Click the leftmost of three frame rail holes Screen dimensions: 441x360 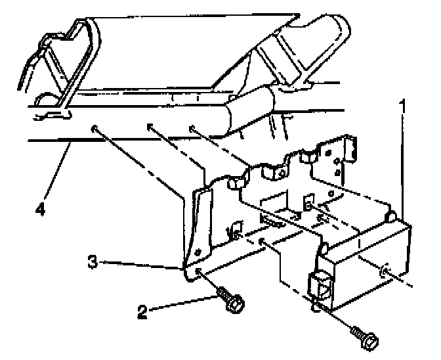(x=96, y=127)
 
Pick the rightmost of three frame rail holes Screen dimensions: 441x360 (x=192, y=128)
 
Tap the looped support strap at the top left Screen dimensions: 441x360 (x=66, y=66)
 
